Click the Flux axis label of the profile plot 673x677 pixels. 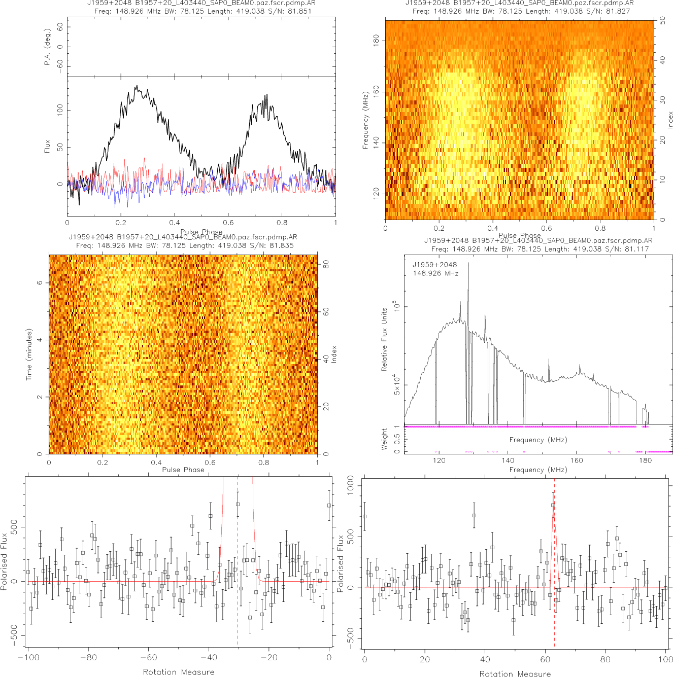[47, 147]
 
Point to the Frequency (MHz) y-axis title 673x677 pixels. [365, 120]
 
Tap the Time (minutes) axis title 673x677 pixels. [29, 354]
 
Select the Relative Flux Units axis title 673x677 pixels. [384, 339]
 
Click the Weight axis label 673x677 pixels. [384, 439]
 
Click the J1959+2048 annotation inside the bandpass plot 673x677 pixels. [434, 265]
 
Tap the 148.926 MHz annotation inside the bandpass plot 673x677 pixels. [435, 273]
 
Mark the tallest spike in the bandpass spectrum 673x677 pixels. [468, 263]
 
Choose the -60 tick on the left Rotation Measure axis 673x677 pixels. [148, 658]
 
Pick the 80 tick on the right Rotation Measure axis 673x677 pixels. [605, 659]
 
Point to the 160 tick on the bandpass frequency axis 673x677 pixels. [577, 460]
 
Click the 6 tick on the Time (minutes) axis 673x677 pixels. [40, 282]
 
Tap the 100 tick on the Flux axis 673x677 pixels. [60, 110]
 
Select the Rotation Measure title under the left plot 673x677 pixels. [178, 672]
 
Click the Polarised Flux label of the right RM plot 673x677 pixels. [341, 563]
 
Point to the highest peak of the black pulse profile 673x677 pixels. [136, 86]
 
